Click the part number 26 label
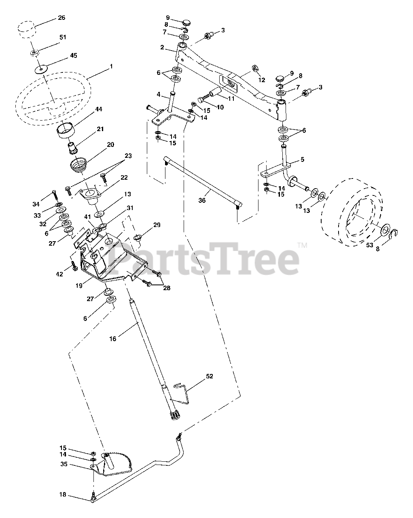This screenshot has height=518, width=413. click(61, 18)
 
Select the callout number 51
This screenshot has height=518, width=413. click(63, 37)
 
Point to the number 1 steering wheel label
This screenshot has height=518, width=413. click(111, 66)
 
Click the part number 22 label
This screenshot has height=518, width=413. click(124, 177)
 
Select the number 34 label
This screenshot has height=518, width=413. click(36, 204)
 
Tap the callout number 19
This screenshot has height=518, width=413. click(79, 285)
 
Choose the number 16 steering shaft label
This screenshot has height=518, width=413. click(112, 339)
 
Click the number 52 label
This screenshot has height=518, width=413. click(209, 376)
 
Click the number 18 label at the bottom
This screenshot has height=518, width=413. click(63, 495)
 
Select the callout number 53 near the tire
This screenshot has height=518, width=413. click(369, 245)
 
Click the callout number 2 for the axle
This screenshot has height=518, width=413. click(162, 47)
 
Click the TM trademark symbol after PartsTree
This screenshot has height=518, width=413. click(302, 245)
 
